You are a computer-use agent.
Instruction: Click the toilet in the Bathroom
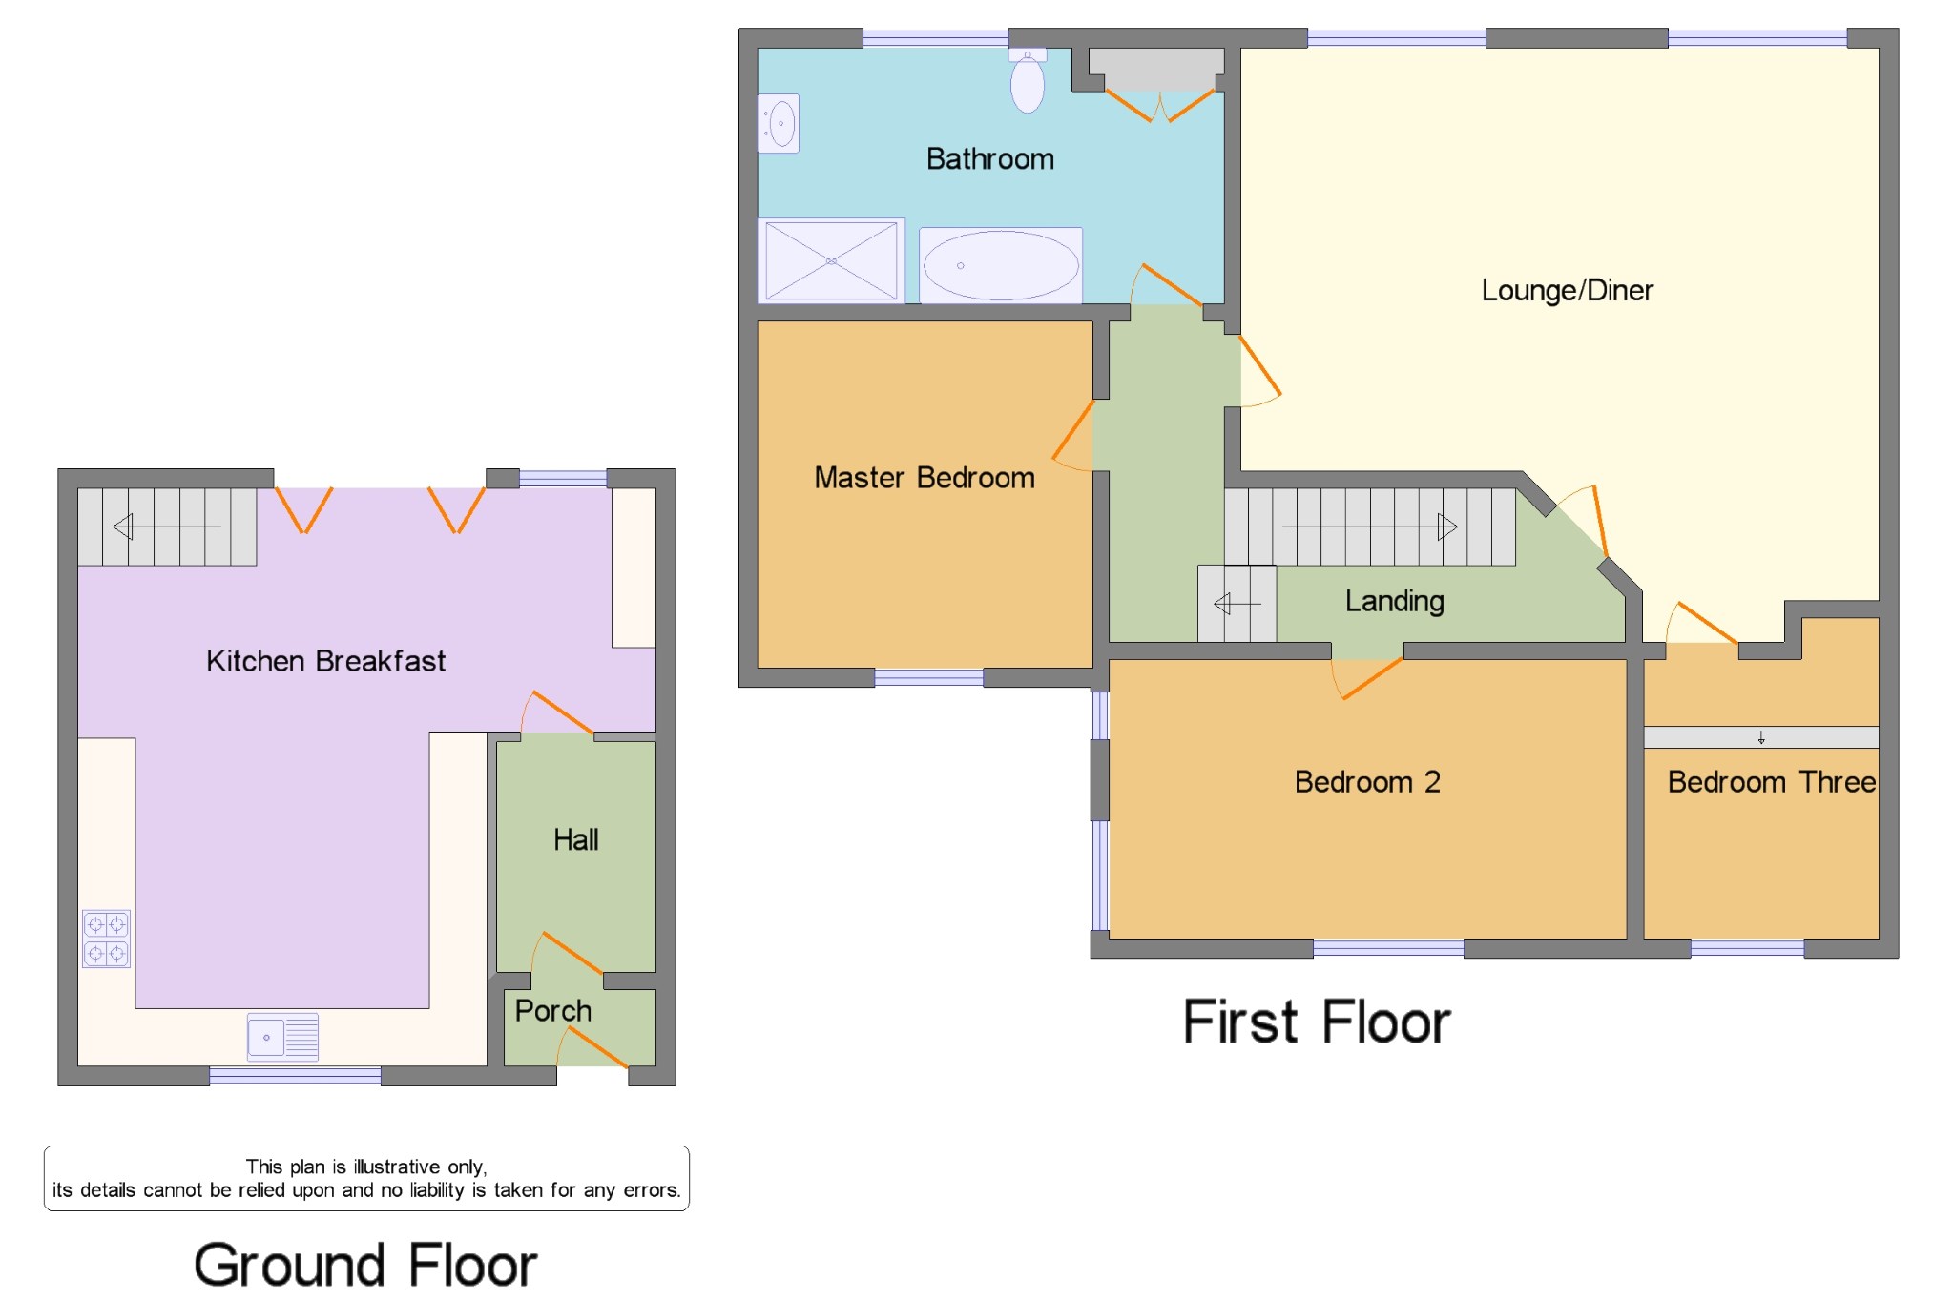pyautogui.click(x=1027, y=80)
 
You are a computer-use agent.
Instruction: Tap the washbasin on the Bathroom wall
pyautogui.click(x=779, y=123)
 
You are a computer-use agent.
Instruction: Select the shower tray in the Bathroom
pyautogui.click(x=831, y=260)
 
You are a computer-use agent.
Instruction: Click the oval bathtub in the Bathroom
pyautogui.click(x=1001, y=265)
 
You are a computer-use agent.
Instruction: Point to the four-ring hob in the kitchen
pyautogui.click(x=106, y=939)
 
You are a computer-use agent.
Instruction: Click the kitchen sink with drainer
pyautogui.click(x=282, y=1037)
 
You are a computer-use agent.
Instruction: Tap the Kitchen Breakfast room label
pyautogui.click(x=325, y=661)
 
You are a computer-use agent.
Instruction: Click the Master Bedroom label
pyautogui.click(x=925, y=477)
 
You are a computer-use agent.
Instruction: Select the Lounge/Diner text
pyautogui.click(x=1567, y=290)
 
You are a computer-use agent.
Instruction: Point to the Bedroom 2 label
pyautogui.click(x=1367, y=782)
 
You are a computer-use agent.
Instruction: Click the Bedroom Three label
pyautogui.click(x=1772, y=782)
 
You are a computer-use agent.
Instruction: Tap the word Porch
pyautogui.click(x=553, y=1010)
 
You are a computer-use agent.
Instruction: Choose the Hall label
pyautogui.click(x=576, y=839)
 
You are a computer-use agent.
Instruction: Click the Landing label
pyautogui.click(x=1395, y=601)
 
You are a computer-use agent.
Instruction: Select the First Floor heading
pyautogui.click(x=1317, y=1022)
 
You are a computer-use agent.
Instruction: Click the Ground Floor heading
pyautogui.click(x=365, y=1265)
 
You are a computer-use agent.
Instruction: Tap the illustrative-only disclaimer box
pyautogui.click(x=366, y=1178)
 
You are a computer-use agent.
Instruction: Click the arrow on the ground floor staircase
pyautogui.click(x=167, y=527)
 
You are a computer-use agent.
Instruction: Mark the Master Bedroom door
pyautogui.click(x=1073, y=435)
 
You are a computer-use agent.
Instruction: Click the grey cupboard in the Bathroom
pyautogui.click(x=1156, y=69)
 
